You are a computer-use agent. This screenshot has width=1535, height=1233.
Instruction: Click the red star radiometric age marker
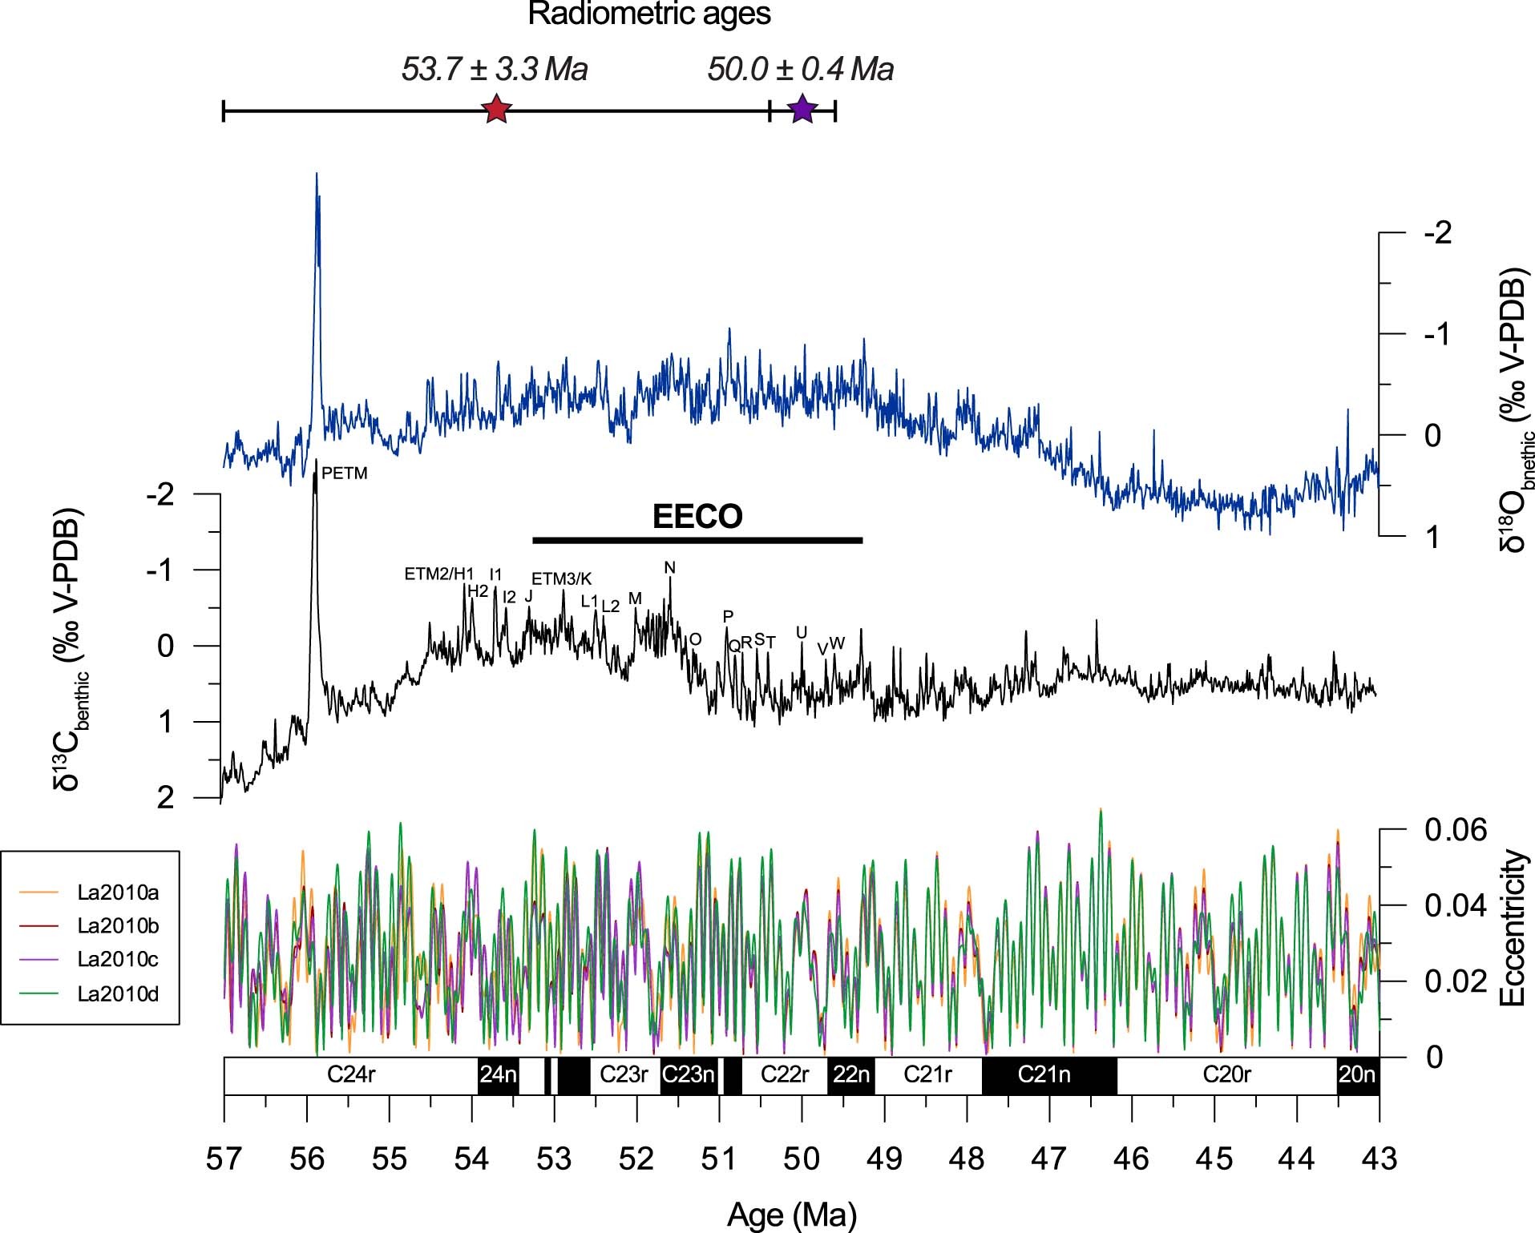pyautogui.click(x=497, y=110)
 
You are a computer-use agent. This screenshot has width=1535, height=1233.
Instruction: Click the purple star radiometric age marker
pyautogui.click(x=802, y=110)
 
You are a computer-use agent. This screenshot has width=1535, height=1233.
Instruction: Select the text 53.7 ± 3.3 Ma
pyautogui.click(x=495, y=70)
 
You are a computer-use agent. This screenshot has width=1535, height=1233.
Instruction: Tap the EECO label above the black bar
pyautogui.click(x=697, y=517)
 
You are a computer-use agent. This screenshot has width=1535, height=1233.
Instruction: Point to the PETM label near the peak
pyautogui.click(x=345, y=473)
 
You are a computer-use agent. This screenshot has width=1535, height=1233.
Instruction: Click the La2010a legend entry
pyautogui.click(x=118, y=892)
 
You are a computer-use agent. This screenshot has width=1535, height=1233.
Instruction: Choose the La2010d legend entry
pyautogui.click(x=118, y=994)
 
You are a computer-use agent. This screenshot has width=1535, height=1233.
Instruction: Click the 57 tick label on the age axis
pyautogui.click(x=224, y=1159)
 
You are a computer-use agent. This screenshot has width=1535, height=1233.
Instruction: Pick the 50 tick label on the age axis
pyautogui.click(x=802, y=1159)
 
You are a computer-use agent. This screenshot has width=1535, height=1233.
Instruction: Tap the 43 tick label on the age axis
pyautogui.click(x=1379, y=1159)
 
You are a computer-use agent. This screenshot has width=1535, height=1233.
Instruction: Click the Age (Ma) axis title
pyautogui.click(x=791, y=1215)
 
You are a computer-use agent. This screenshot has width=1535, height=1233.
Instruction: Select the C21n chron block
pyautogui.click(x=1044, y=1074)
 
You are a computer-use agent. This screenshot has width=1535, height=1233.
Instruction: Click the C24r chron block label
pyautogui.click(x=351, y=1074)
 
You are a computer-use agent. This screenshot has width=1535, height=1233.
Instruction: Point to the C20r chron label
pyautogui.click(x=1226, y=1074)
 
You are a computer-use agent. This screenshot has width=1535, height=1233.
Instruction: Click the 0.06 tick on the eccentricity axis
pyautogui.click(x=1455, y=830)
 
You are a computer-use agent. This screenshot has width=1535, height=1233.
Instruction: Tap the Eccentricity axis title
pyautogui.click(x=1511, y=928)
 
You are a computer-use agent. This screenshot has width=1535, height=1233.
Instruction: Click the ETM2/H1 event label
pyautogui.click(x=439, y=574)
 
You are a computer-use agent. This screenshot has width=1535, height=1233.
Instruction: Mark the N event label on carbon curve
pyautogui.click(x=670, y=568)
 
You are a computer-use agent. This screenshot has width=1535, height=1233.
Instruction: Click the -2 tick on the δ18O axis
pyautogui.click(x=1437, y=233)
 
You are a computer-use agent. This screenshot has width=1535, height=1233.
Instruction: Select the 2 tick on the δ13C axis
pyautogui.click(x=165, y=798)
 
